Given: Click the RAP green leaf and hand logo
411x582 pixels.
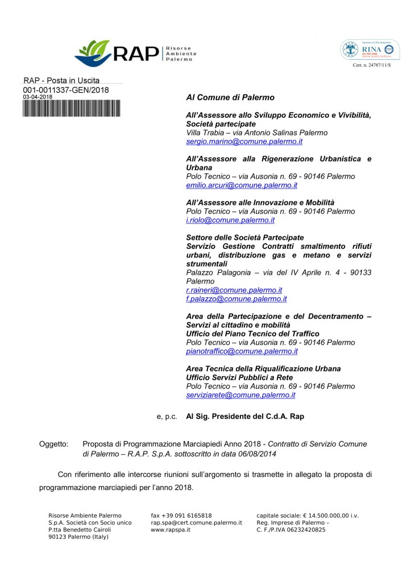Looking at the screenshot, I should [93, 52].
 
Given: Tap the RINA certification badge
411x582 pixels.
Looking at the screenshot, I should [370, 50].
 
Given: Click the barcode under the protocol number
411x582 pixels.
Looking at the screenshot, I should [65, 108].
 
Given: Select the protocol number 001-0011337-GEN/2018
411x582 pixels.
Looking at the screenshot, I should [65, 90].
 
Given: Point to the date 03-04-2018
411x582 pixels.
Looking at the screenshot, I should [38, 97].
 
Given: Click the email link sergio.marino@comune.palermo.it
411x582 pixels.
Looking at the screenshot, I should [244, 142].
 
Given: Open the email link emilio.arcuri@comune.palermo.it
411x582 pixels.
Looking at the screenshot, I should [242, 185].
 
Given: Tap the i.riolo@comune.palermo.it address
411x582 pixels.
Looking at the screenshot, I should [230, 220].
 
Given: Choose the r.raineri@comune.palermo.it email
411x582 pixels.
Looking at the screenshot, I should [234, 290].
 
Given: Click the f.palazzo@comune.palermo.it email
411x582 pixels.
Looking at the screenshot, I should [236, 298].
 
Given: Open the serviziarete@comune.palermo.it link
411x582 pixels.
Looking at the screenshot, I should [240, 395].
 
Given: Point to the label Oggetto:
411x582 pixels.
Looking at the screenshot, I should [53, 444].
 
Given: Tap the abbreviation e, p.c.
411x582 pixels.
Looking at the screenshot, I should [167, 417].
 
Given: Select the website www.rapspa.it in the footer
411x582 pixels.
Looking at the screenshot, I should [171, 530].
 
